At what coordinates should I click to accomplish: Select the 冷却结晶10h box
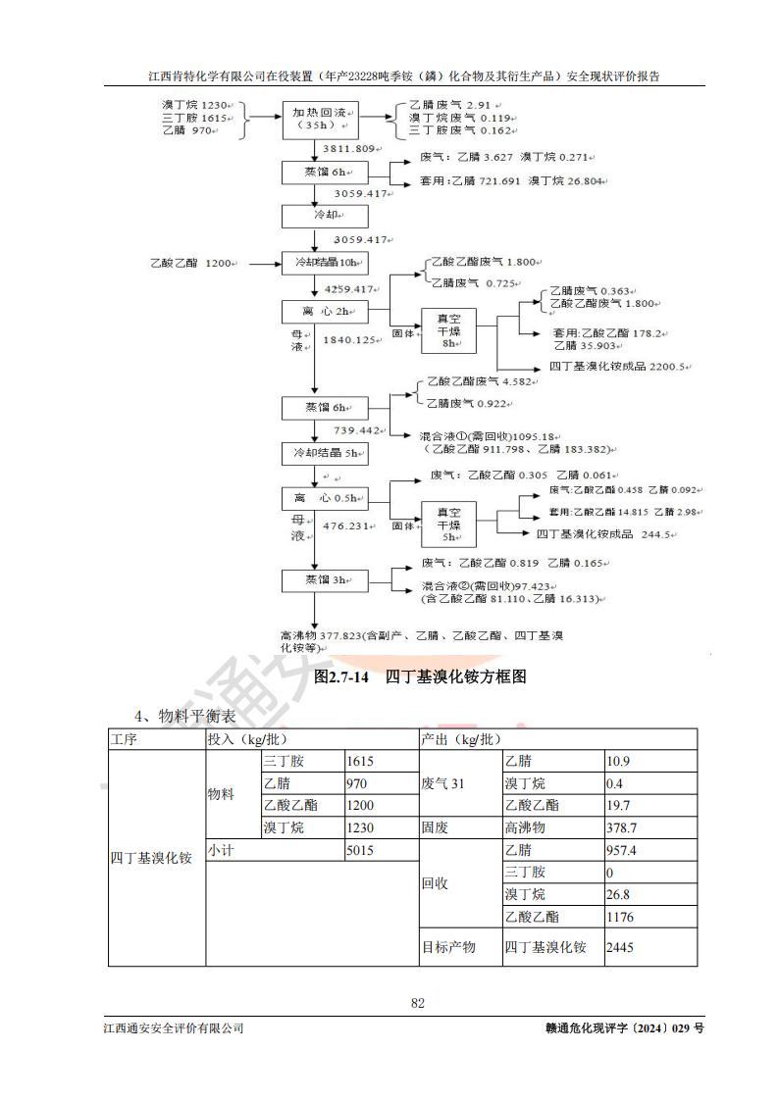coord(325,263)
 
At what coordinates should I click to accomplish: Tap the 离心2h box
coord(325,312)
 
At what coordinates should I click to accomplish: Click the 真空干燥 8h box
coord(448,330)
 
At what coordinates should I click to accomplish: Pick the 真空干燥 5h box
coord(448,525)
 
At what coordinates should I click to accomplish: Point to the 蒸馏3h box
coord(313,580)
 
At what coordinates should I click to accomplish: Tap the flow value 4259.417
coord(350,288)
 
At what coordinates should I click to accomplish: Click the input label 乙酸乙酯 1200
coord(190,263)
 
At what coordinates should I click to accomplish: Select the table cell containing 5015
coord(381,852)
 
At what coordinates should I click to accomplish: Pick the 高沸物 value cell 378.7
coord(649,827)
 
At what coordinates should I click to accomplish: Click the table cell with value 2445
coord(649,947)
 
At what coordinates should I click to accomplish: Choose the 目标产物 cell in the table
coord(460,947)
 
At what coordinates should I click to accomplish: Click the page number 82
coord(417,1003)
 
